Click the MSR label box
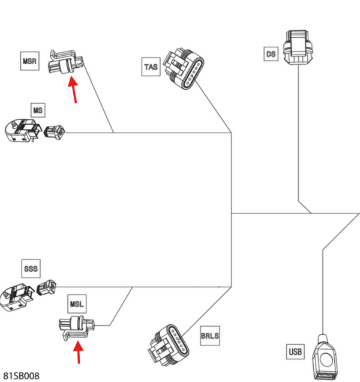click(29, 61)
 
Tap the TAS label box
click(151, 67)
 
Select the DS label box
click(271, 54)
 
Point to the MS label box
click(38, 110)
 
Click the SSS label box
click(31, 269)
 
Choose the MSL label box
click(77, 304)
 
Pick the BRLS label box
click(210, 336)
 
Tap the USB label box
click(295, 351)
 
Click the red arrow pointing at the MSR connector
click(73, 89)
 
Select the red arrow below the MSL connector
click(79, 352)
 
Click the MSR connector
click(66, 62)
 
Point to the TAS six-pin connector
click(184, 69)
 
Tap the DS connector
click(298, 47)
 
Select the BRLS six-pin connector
click(169, 344)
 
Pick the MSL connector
click(76, 328)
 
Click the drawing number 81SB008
click(21, 376)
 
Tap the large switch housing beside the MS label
click(23, 130)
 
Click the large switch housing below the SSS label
click(16, 297)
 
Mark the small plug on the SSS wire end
click(46, 287)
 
